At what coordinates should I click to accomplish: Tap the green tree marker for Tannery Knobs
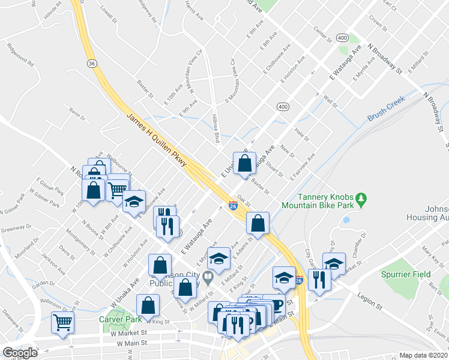point(361,198)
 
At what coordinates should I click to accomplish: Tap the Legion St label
point(370,297)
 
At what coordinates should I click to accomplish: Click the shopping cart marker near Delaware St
point(62,322)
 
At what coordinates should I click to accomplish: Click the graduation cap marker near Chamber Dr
point(334,263)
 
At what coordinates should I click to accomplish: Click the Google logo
point(20,353)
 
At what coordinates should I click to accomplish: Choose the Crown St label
point(376,26)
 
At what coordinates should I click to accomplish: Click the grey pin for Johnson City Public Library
point(208,278)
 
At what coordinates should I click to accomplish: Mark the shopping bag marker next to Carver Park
point(148,305)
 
